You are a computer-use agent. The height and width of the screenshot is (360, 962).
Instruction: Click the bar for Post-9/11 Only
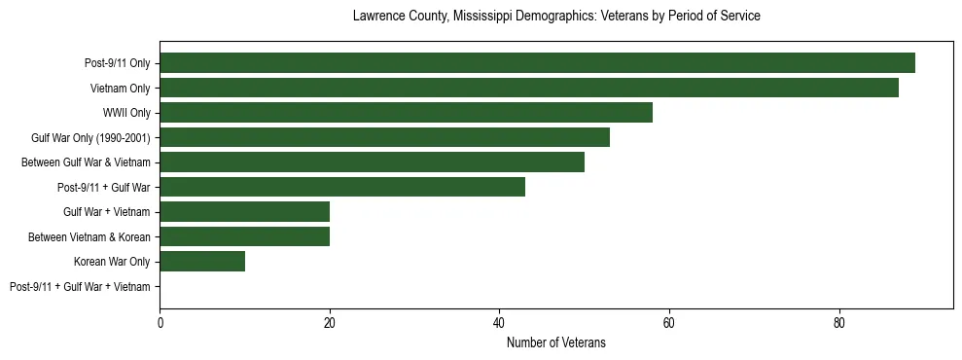pos(537,63)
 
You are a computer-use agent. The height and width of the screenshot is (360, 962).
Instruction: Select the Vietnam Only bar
pos(529,88)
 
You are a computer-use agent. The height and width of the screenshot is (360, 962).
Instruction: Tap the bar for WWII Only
pos(406,113)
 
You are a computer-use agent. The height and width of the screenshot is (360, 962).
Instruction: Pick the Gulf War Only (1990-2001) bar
pos(384,137)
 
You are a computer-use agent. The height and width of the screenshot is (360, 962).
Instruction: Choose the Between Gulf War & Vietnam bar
pos(372,162)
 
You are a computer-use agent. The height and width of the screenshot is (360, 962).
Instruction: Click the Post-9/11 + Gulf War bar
pos(342,187)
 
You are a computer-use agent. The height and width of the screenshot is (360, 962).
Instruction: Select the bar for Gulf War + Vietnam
pos(245,212)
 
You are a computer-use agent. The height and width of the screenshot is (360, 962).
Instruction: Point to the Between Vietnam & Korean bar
pos(245,236)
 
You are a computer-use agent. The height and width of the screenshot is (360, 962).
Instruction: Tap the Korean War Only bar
pos(202,262)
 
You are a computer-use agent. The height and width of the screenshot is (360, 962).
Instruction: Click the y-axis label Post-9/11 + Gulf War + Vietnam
pos(80,287)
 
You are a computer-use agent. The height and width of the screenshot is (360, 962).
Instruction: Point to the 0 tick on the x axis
pos(160,322)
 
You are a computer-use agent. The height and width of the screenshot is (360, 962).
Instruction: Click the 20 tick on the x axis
pos(330,322)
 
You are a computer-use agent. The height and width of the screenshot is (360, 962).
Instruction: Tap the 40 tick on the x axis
pos(500,322)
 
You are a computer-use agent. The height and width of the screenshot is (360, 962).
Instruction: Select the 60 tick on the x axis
pos(669,322)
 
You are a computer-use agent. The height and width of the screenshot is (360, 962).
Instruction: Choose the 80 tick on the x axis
pos(838,322)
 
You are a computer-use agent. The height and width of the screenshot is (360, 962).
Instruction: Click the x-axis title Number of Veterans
pos(555,342)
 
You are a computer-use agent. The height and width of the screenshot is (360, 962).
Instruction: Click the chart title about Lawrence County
pos(555,17)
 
